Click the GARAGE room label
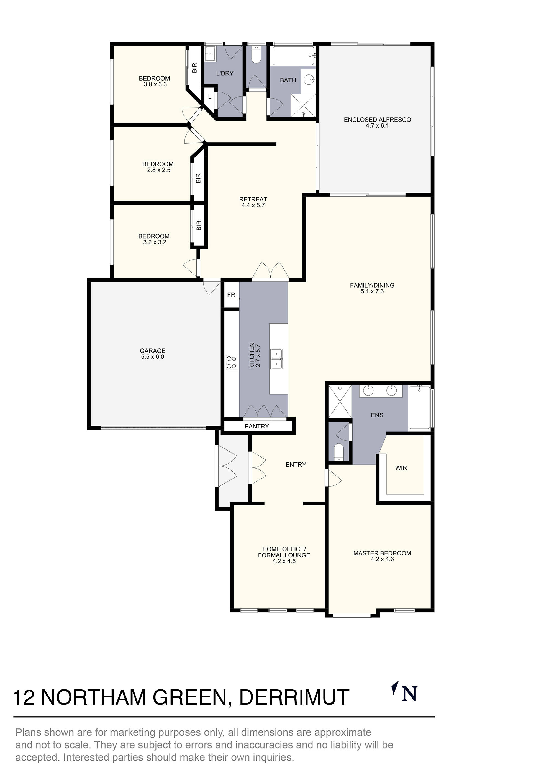pos(153,351)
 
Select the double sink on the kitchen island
pos(276,359)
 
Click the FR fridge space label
pos(231,295)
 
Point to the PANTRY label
pos(257,426)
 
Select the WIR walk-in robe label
pos(401,468)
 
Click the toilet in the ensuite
pos(339,451)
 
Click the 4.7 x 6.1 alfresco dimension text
pos(377,125)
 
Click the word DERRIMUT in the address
pos(294,697)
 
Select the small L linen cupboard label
pos(210,97)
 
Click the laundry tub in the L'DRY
pos(210,55)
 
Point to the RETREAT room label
pos(253,199)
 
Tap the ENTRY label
pos(296,464)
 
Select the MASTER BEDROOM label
pos(382,553)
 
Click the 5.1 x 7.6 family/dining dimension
pos(372,291)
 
